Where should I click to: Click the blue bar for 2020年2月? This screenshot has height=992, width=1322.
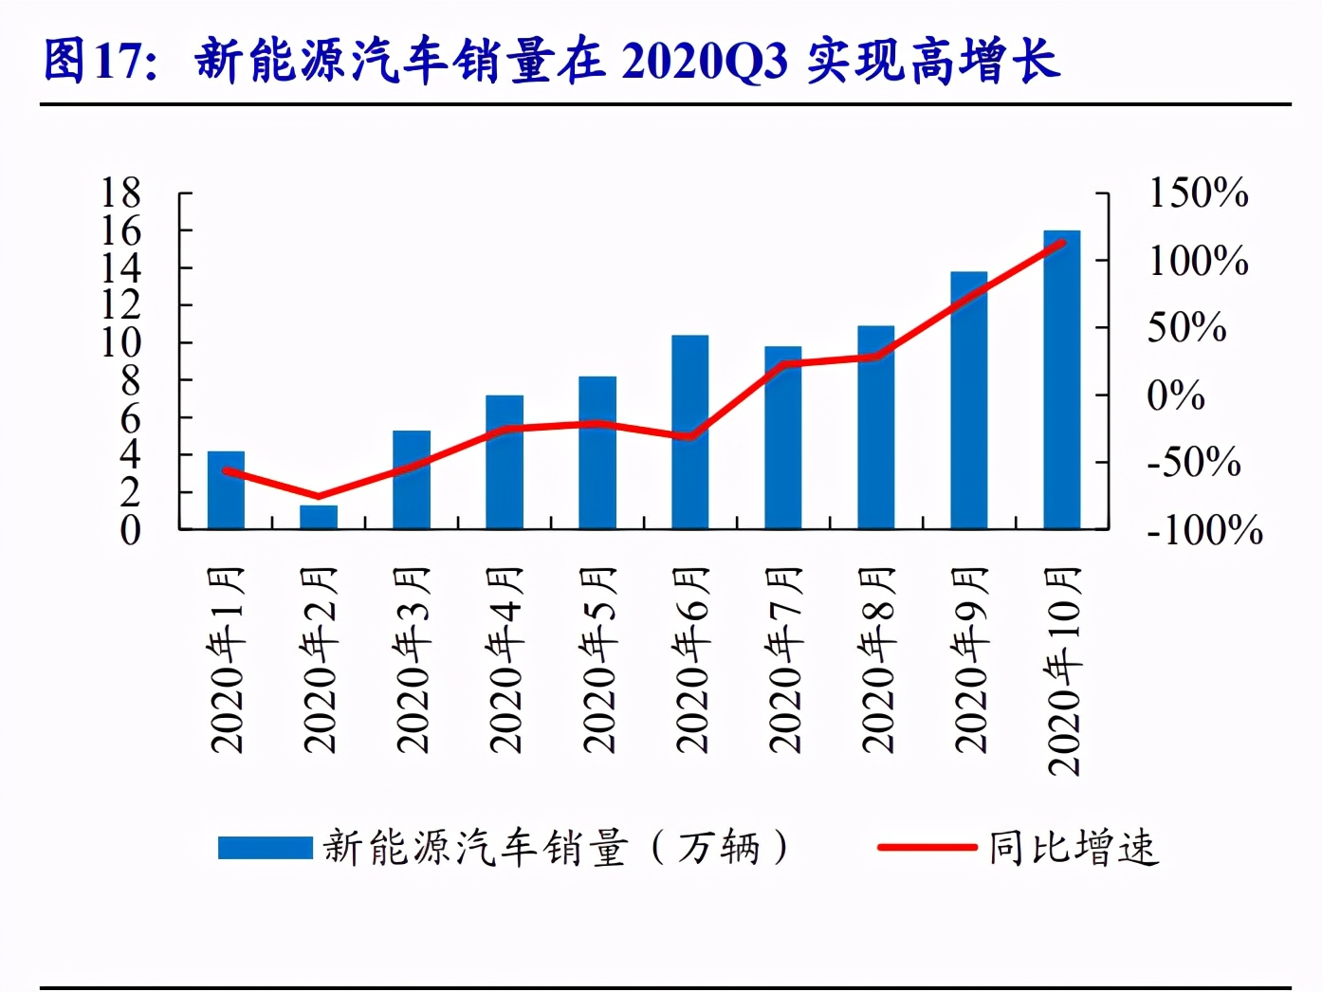[x=319, y=517]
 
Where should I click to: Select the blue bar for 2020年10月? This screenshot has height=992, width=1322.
[x=1061, y=379]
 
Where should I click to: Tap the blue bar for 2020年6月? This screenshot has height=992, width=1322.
[x=689, y=432]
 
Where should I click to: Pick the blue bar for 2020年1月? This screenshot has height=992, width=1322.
[x=226, y=489]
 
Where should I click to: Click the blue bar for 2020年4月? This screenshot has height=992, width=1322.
[x=505, y=462]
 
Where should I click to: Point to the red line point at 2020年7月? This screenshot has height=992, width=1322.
[x=783, y=364]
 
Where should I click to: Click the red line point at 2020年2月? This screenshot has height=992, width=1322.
[x=319, y=496]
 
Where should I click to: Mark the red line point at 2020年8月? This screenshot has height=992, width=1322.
[x=876, y=357]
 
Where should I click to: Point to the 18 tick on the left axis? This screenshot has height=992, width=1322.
[x=121, y=193]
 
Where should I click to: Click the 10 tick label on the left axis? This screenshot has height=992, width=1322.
[x=121, y=342]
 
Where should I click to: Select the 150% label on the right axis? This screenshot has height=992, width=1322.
[x=1198, y=193]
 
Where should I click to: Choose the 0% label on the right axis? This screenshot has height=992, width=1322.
[x=1176, y=395]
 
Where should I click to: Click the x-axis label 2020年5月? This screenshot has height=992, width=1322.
[x=598, y=659]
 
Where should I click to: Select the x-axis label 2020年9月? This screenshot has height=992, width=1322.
[x=970, y=659]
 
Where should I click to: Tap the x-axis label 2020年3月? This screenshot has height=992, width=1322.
[x=413, y=659]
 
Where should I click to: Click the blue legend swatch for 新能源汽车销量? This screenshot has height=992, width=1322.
[x=265, y=847]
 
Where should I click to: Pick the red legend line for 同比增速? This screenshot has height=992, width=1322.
[x=927, y=847]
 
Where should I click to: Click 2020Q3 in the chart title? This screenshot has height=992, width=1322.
[x=705, y=62]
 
